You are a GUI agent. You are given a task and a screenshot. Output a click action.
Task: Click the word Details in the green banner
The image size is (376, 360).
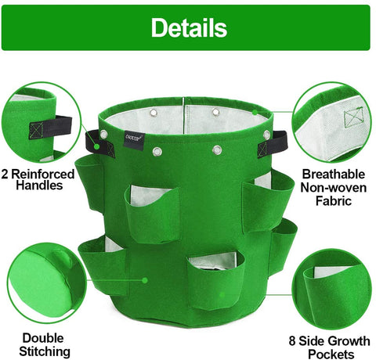tap(189, 27)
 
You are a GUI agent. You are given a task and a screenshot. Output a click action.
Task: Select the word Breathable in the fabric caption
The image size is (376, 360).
tap(334, 174)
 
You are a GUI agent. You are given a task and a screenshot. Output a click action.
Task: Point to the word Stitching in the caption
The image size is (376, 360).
tap(45, 351)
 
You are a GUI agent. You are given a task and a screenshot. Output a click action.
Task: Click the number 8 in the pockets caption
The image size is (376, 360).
tap(292, 341)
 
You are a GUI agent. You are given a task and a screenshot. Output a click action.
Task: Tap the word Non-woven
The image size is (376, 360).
tap(334, 187)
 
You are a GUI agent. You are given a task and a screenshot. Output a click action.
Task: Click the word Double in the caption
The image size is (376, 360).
tap(43, 338)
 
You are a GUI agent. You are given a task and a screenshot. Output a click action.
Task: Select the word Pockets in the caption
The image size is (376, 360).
tap(331, 355)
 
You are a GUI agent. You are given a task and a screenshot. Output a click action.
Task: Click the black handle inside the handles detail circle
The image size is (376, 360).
tap(50, 127)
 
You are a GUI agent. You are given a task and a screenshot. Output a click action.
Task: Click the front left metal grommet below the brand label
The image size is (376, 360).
tap(157, 151)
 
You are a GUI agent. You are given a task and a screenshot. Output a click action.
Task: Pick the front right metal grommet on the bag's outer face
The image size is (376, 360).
tap(217, 150)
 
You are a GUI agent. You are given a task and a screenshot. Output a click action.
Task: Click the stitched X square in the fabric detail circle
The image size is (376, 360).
tap(353, 118)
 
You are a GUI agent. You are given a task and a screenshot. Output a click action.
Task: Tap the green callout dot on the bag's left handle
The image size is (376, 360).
tap(97, 146)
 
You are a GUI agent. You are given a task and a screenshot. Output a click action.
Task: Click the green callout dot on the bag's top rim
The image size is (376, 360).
tap(255, 112)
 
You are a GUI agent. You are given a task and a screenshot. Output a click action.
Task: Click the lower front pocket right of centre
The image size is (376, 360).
tap(215, 279)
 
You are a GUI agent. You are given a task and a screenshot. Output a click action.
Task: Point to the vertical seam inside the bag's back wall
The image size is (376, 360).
tap(184, 115)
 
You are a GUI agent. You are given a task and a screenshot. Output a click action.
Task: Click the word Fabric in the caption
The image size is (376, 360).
tap(334, 201)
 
